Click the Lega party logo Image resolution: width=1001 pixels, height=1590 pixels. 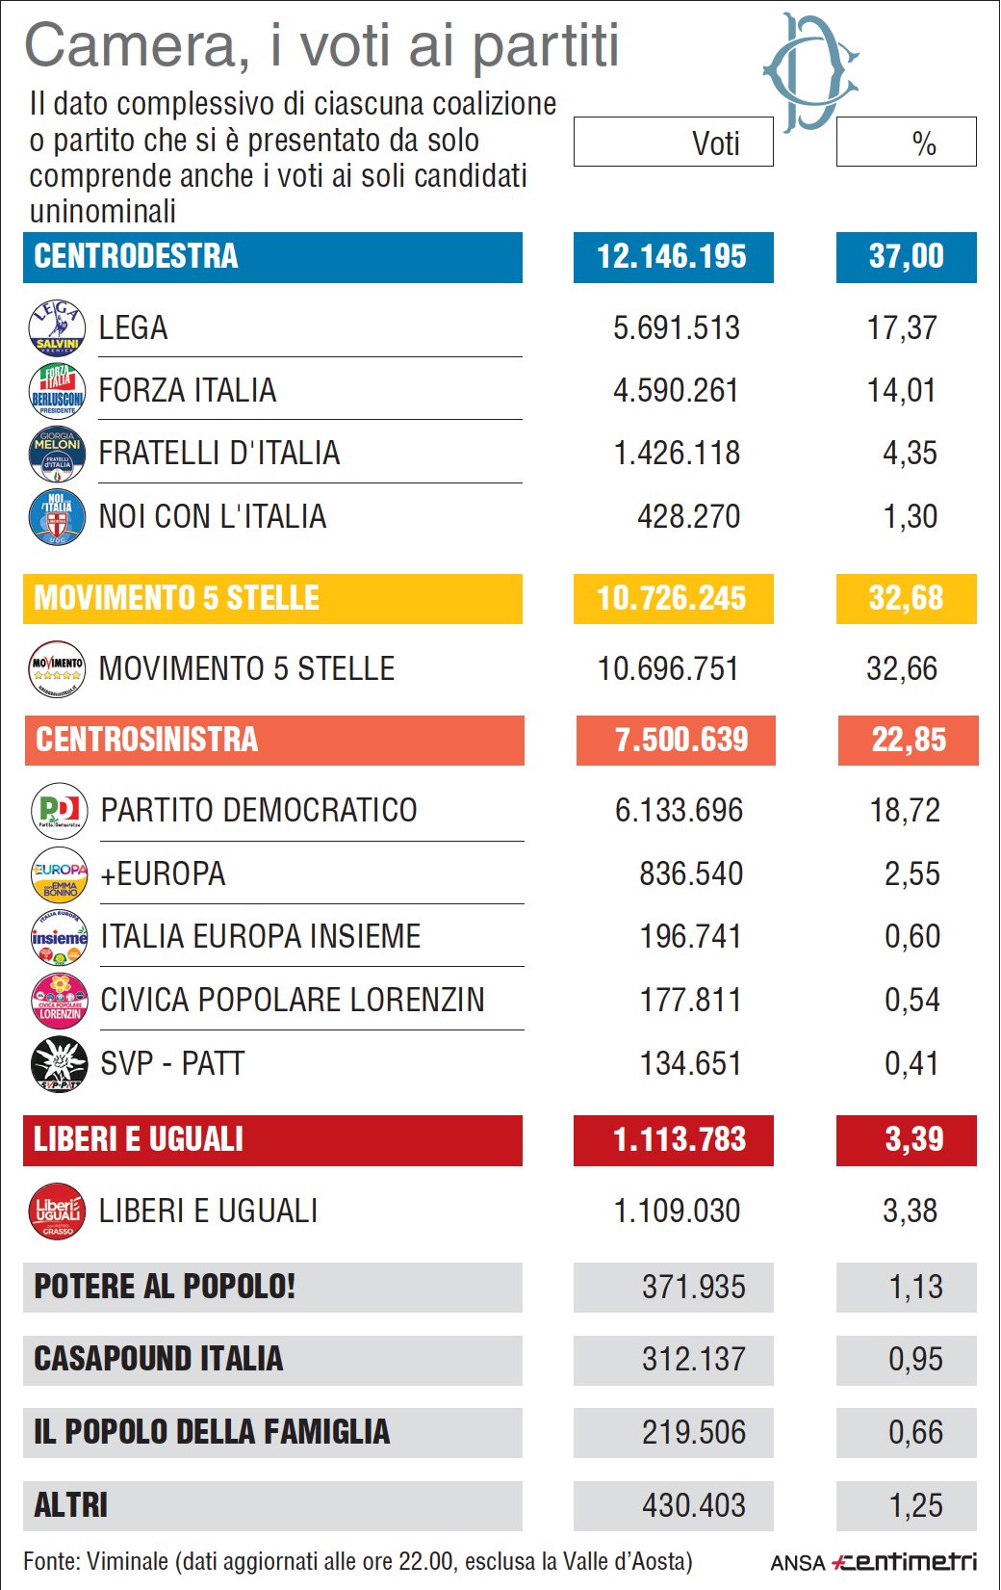coord(57,327)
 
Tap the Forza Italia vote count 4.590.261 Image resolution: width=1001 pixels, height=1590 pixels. coord(676,390)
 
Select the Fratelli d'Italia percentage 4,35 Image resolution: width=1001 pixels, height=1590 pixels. coord(910,453)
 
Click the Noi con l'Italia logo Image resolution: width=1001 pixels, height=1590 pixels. coord(57,516)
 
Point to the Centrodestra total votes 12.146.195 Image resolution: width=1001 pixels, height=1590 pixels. coord(672,256)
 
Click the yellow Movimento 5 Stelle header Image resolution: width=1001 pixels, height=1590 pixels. coord(272,598)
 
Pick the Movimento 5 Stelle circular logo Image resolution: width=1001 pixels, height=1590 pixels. coord(57,668)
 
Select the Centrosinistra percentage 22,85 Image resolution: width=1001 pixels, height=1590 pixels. coord(908,740)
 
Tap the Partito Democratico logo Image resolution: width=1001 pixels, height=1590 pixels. coord(60,810)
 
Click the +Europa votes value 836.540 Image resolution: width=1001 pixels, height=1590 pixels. coord(691,873)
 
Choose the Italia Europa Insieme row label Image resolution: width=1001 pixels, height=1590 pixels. coord(261,936)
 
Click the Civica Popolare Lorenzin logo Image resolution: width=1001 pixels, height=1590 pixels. coord(60,1000)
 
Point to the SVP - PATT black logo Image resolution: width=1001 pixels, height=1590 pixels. coord(60,1063)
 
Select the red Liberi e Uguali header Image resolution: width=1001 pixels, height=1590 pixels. coord(272,1139)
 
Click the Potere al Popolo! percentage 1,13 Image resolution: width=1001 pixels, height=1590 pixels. coord(914,1287)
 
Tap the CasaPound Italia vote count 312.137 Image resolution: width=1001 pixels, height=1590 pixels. coord(693,1359)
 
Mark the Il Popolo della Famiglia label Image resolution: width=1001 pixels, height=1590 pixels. coord(212,1432)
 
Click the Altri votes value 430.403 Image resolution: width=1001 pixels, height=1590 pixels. coord(693,1504)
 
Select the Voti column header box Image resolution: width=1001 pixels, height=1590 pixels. coord(673,143)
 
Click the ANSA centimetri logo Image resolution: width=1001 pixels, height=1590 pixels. coord(873,1561)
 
